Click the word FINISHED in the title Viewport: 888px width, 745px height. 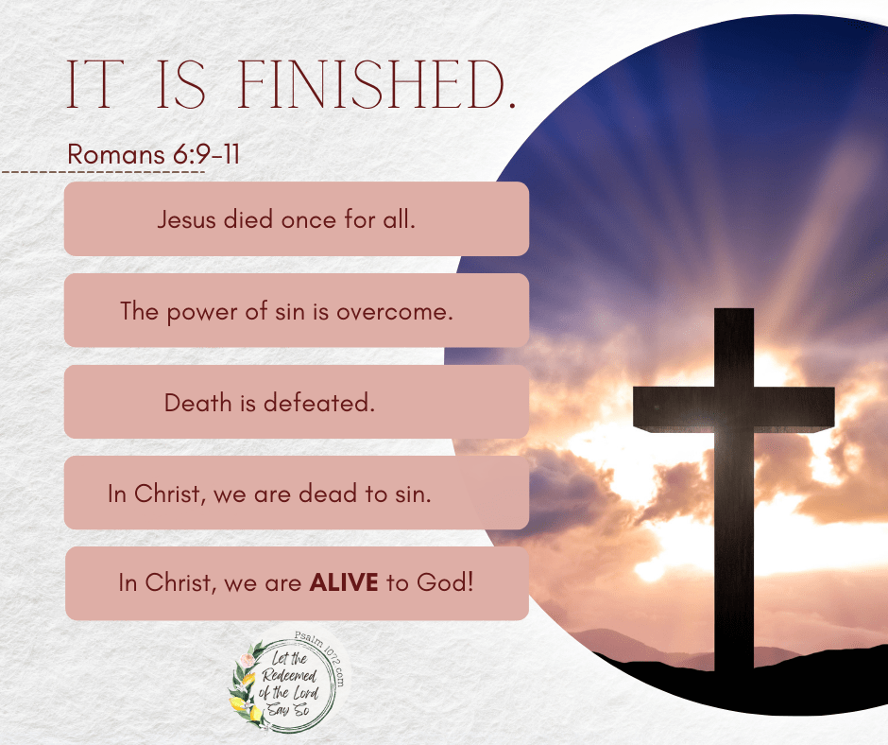(376, 84)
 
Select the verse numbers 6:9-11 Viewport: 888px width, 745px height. (206, 154)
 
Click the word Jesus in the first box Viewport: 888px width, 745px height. (187, 219)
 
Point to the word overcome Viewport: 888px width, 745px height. (395, 312)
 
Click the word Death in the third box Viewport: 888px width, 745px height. (198, 403)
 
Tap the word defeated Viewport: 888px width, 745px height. (319, 403)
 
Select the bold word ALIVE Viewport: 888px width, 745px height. (344, 582)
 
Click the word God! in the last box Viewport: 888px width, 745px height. (445, 582)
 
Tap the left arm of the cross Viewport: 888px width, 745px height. (674, 408)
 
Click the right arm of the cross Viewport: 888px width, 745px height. (794, 408)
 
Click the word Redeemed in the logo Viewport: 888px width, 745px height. (289, 676)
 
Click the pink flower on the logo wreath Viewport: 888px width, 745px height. (247, 661)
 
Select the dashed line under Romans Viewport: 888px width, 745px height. (103, 171)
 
